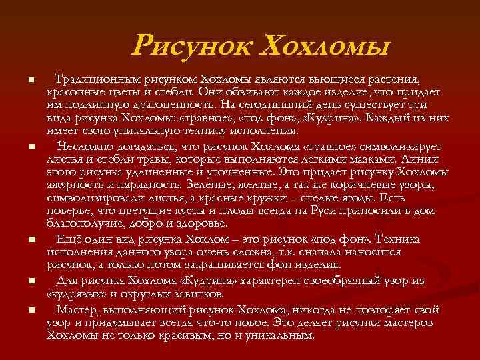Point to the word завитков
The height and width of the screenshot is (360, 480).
point(199,293)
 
